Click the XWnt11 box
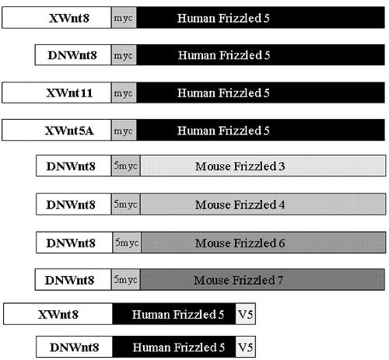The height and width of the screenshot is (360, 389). point(57,93)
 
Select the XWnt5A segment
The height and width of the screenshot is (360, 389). point(57,130)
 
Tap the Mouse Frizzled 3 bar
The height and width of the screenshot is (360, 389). point(263,166)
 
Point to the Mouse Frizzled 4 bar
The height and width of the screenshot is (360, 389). point(263,204)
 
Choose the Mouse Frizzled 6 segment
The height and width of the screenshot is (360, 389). point(264,243)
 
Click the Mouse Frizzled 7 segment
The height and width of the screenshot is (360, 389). point(262,280)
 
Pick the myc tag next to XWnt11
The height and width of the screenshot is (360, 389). point(124,93)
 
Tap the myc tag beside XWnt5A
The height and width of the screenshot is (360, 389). point(124,130)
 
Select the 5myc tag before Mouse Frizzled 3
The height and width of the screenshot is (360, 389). point(126,166)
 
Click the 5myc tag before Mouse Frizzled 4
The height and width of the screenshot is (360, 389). point(126,204)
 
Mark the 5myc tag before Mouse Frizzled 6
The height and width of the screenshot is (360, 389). point(127,243)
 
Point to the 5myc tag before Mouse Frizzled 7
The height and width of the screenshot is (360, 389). point(126,280)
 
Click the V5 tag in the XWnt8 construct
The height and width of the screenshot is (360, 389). point(246,314)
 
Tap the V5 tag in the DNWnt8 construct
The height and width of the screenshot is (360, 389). point(246,347)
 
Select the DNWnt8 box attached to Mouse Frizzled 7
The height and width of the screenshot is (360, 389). point(73,280)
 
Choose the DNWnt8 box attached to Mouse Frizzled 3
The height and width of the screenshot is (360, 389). point(74,166)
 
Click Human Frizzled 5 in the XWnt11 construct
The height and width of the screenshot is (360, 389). point(261,93)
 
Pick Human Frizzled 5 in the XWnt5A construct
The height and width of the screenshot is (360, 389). point(261,130)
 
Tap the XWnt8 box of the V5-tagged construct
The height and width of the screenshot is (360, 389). point(58,314)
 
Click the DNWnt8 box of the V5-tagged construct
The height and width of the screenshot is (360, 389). point(74,347)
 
